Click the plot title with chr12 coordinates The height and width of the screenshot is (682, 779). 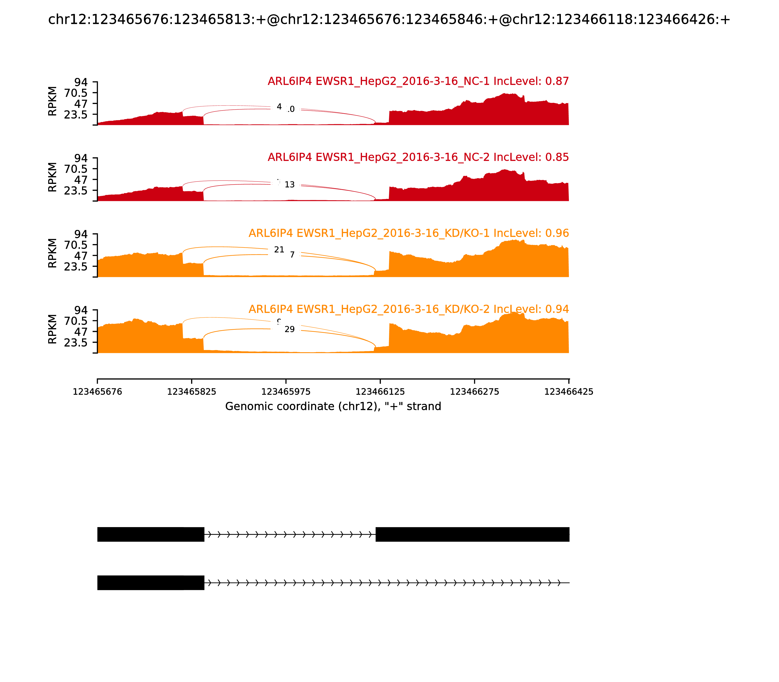(x=389, y=20)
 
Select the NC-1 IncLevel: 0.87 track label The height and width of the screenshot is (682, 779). (x=418, y=81)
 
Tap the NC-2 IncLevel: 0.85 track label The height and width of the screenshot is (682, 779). (x=418, y=157)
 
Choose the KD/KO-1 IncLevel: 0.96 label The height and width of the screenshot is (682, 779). (x=408, y=233)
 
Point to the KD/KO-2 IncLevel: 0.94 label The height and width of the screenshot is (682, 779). (x=408, y=309)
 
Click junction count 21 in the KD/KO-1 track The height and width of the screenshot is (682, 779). (x=279, y=250)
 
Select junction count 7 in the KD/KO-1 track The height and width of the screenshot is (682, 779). (x=292, y=255)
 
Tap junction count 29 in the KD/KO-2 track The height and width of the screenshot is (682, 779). (x=289, y=329)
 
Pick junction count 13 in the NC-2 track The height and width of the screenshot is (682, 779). (x=289, y=185)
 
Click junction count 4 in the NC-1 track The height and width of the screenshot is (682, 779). (x=279, y=107)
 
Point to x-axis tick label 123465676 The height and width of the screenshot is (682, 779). (x=97, y=392)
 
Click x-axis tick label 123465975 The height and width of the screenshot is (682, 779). (x=286, y=392)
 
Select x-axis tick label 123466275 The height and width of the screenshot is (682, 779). (x=474, y=392)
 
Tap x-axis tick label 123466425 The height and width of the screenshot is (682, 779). (x=569, y=392)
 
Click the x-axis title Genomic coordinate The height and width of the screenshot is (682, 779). (x=333, y=407)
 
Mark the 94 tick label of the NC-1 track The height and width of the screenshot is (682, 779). (x=81, y=82)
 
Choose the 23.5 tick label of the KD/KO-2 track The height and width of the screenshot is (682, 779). (x=76, y=342)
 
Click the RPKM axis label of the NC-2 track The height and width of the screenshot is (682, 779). (x=53, y=177)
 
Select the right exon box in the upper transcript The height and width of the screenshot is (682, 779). (x=473, y=534)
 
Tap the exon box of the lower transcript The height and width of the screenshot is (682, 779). (x=151, y=583)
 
